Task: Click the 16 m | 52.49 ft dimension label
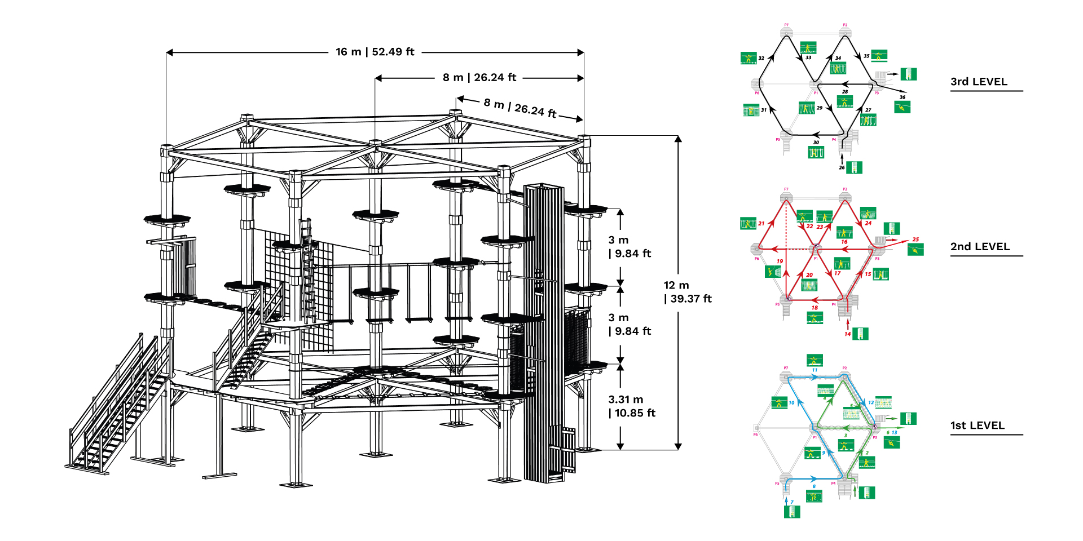(x=375, y=52)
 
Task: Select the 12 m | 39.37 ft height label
(x=688, y=292)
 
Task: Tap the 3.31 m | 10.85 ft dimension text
(x=632, y=406)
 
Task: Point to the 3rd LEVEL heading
(x=979, y=82)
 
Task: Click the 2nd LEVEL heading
(x=980, y=247)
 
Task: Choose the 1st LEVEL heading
(x=978, y=425)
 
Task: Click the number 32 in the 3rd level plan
(x=761, y=58)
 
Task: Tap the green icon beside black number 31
(x=751, y=110)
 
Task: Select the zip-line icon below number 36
(x=902, y=107)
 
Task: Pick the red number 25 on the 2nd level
(x=915, y=240)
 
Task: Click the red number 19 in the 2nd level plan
(x=780, y=261)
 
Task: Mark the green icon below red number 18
(x=815, y=318)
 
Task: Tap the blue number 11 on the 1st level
(x=815, y=370)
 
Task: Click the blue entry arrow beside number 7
(x=786, y=500)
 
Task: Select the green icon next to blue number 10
(x=779, y=402)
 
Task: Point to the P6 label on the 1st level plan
(x=755, y=434)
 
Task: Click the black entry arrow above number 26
(x=842, y=159)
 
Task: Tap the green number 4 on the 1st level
(x=825, y=398)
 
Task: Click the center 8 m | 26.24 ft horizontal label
(x=479, y=78)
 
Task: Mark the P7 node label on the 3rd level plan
(x=786, y=25)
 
